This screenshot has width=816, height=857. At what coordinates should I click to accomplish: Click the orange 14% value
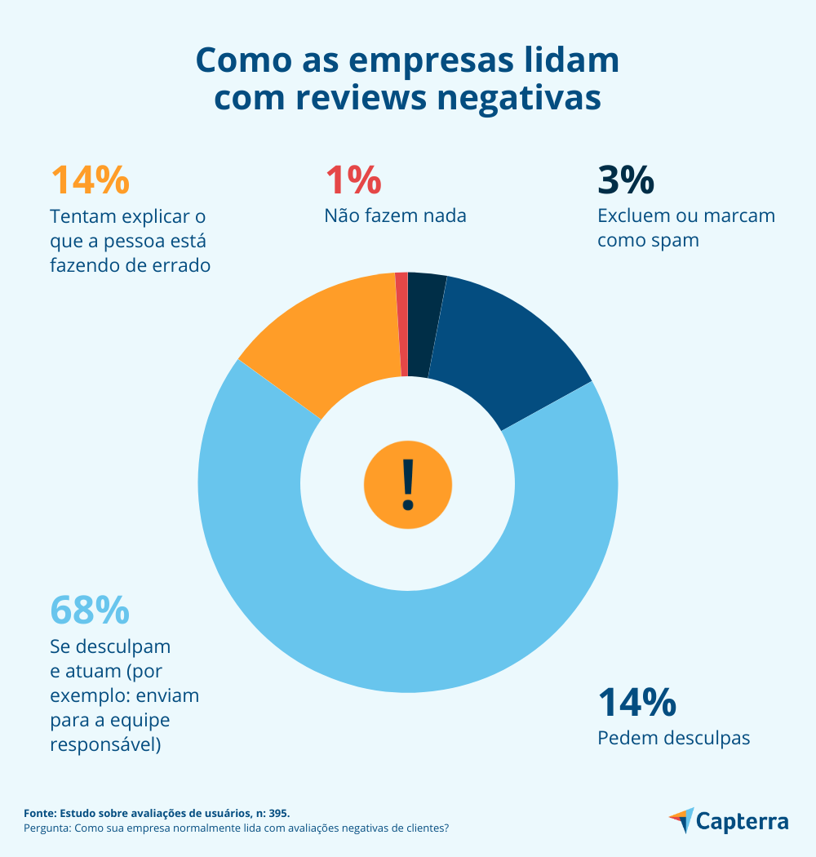[90, 180]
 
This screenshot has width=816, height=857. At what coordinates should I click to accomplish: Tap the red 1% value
[353, 180]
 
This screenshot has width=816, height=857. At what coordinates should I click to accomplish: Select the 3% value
[625, 180]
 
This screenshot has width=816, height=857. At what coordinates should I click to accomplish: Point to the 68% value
[90, 609]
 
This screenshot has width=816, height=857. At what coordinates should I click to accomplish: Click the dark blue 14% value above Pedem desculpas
[636, 702]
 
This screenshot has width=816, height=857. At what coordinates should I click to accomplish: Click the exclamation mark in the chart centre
[408, 483]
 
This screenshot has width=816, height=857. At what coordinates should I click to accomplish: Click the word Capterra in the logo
[743, 821]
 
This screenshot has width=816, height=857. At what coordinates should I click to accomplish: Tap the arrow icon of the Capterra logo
[682, 819]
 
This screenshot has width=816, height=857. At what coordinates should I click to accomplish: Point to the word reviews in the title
[357, 98]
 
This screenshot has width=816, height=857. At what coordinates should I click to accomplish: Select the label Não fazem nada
[396, 216]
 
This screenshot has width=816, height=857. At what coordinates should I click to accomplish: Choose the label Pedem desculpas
[674, 738]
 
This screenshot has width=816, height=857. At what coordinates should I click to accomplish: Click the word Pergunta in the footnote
[47, 828]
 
